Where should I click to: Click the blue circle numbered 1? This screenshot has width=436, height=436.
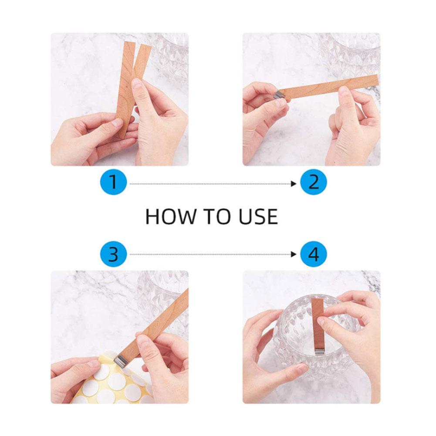(x=113, y=182)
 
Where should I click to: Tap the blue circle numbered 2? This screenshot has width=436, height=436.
(x=314, y=182)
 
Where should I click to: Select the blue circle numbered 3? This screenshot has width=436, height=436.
(x=113, y=254)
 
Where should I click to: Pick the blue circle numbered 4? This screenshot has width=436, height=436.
(x=314, y=254)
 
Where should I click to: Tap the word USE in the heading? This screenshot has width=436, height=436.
(x=258, y=216)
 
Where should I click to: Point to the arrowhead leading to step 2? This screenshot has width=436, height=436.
(x=294, y=184)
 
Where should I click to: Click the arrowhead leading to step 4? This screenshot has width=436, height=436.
(x=294, y=254)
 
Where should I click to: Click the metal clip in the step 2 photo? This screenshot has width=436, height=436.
(x=279, y=93)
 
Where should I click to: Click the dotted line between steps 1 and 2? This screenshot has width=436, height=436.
(x=210, y=184)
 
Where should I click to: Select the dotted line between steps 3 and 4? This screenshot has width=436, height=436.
(x=210, y=254)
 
